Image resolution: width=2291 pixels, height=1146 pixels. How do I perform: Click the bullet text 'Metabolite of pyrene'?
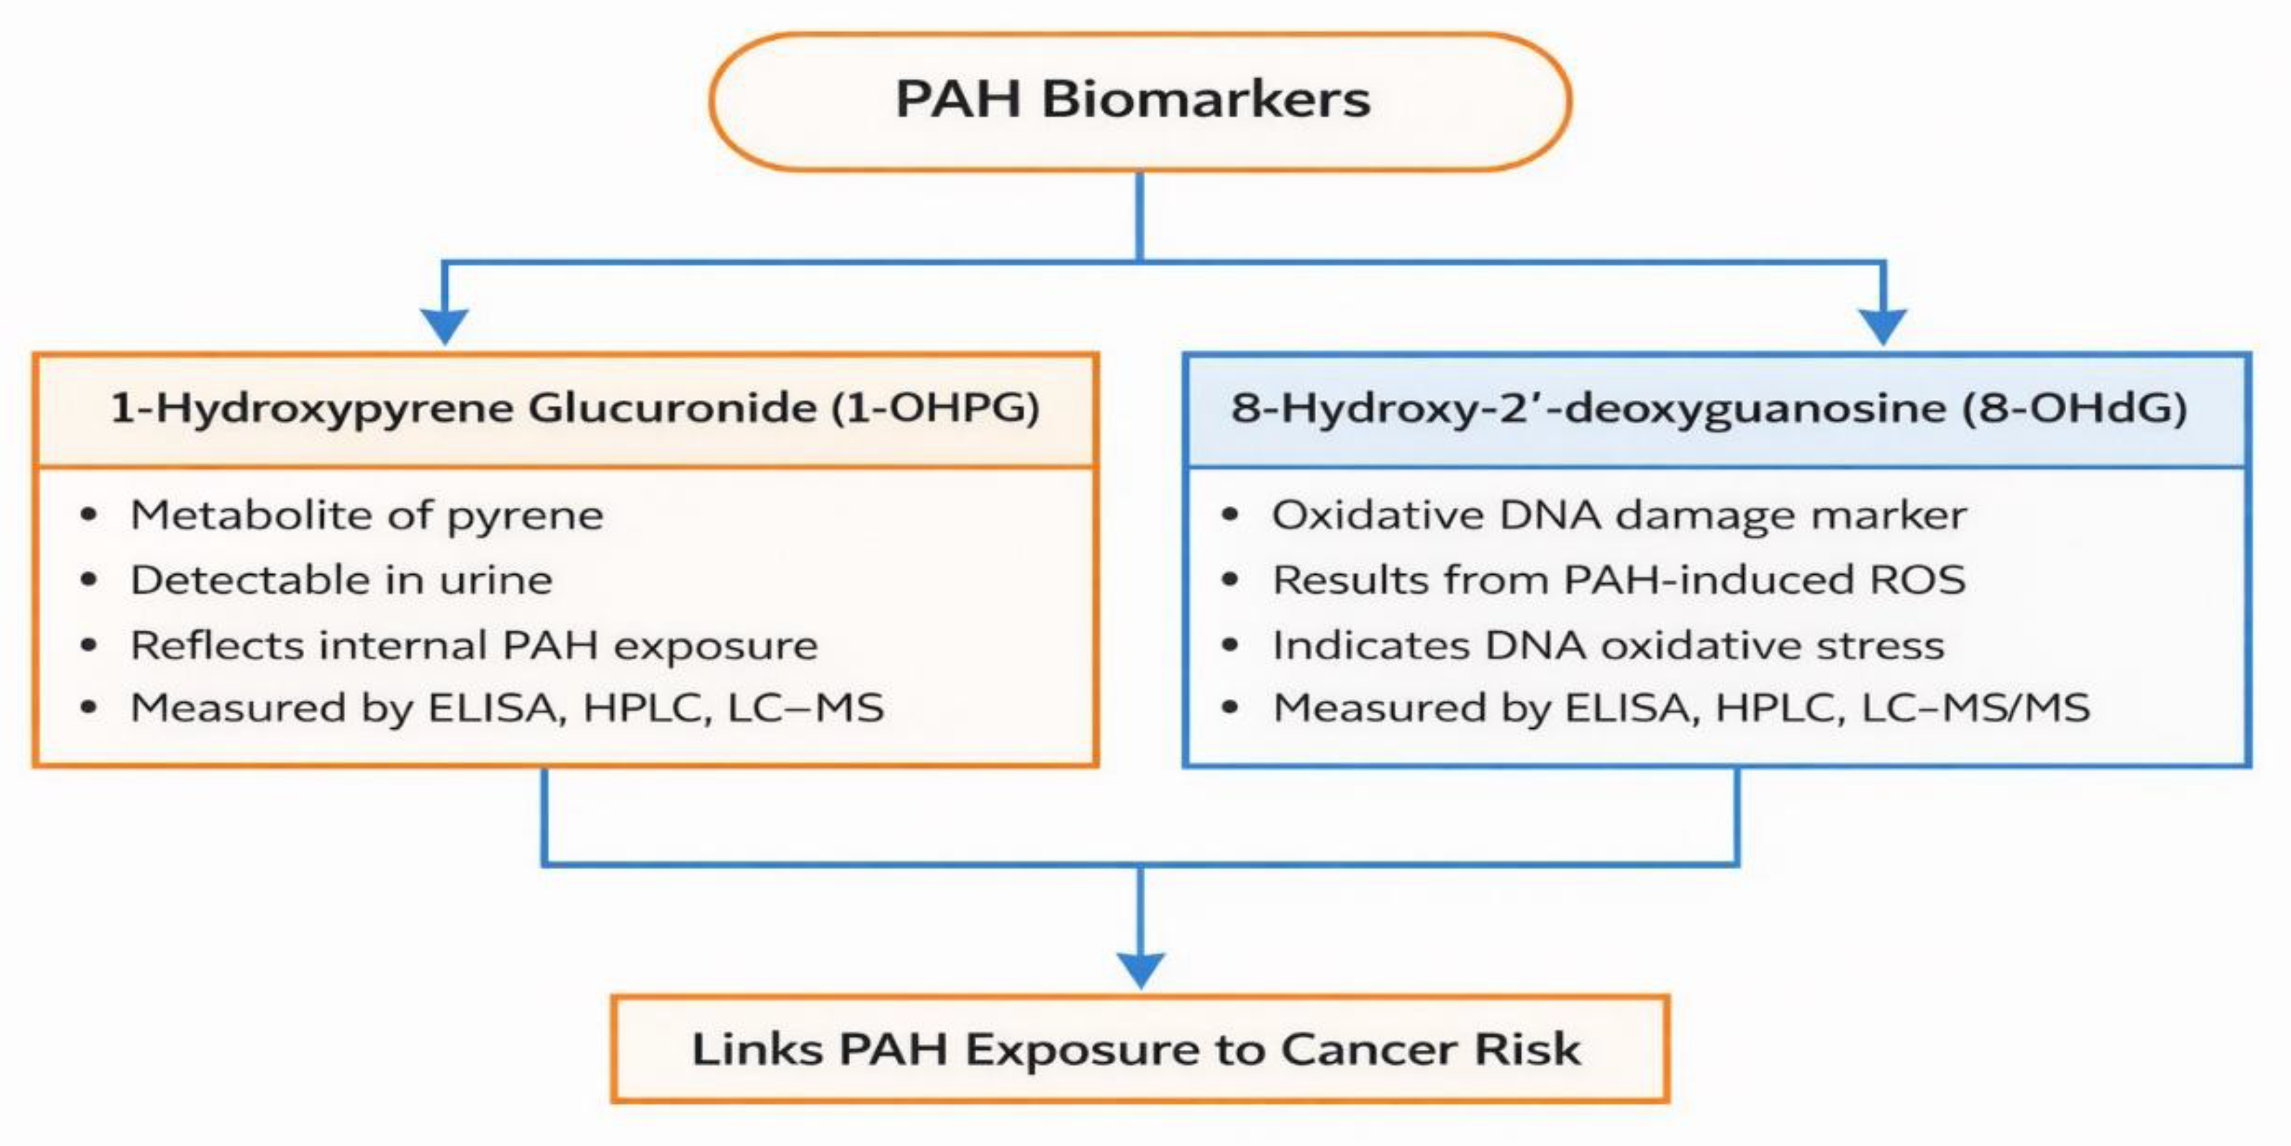click(367, 516)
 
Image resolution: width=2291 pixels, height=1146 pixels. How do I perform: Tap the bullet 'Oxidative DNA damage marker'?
click(1619, 516)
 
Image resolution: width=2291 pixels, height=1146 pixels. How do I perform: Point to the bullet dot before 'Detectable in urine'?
click(88, 581)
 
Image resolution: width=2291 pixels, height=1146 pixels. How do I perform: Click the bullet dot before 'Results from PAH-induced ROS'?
click(1230, 581)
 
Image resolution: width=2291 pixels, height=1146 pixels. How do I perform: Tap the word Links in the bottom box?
click(758, 1050)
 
